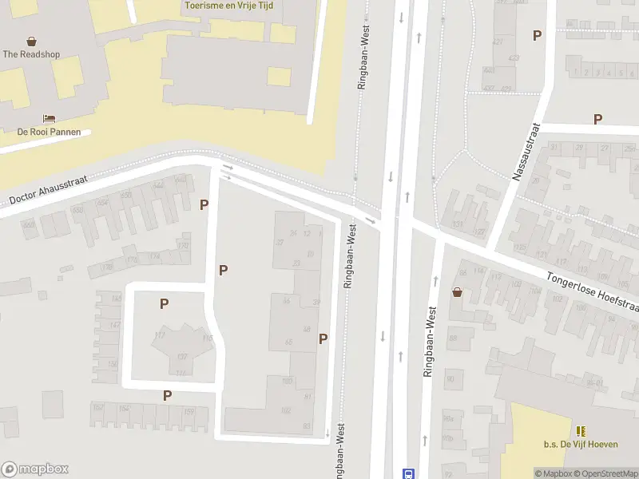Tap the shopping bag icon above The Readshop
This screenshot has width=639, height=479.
[31, 41]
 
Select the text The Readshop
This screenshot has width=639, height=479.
[31, 54]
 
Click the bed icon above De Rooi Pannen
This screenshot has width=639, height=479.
[49, 118]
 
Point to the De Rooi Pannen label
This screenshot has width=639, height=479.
[49, 132]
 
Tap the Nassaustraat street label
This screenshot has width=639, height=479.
[527, 152]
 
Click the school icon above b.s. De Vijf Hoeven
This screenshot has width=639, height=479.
[580, 431]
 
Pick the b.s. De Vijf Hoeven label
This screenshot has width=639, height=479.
[581, 445]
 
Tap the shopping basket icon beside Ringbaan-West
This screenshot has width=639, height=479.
[457, 292]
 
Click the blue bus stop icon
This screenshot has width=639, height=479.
[408, 473]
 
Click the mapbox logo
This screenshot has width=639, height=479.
[35, 469]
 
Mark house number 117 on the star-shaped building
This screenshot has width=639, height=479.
[159, 335]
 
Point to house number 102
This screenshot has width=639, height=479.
[287, 410]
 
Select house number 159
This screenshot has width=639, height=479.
[189, 411]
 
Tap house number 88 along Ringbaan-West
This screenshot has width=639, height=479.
[451, 338]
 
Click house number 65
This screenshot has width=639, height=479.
[288, 342]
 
